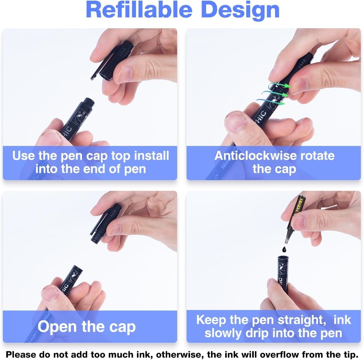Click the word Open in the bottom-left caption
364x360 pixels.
[57, 327]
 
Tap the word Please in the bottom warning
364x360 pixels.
[21, 354]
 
